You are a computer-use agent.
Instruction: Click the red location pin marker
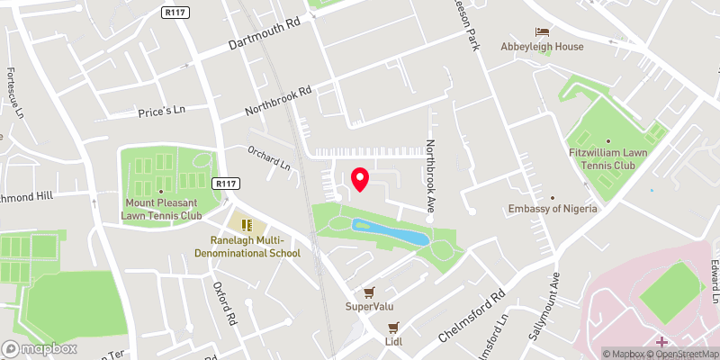click(359, 179)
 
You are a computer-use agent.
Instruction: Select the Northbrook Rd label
click(279, 101)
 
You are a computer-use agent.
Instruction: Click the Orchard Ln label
click(270, 158)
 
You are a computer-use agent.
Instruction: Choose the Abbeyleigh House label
click(543, 47)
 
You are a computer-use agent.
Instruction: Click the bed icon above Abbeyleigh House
click(543, 31)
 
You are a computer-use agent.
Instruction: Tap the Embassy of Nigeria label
click(553, 209)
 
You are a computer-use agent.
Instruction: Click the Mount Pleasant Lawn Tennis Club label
click(161, 210)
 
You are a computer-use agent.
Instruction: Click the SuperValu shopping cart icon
click(369, 292)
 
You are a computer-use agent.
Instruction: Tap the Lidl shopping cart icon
click(392, 328)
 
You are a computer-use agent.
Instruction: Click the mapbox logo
click(40, 348)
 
